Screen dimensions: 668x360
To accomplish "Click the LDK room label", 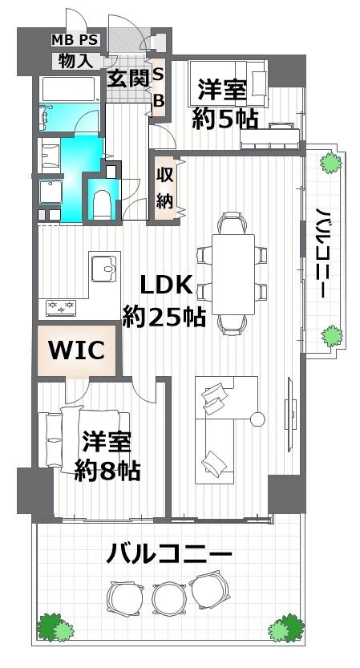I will [x=167, y=285].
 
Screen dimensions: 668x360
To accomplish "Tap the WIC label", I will [x=78, y=351].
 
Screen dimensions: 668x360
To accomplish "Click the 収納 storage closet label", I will [x=165, y=188].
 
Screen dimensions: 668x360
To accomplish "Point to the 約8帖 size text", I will [x=108, y=470].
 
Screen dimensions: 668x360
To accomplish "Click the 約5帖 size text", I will [x=225, y=119].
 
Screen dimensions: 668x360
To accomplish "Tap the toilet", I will [x=103, y=204].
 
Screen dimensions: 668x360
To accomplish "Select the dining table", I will [x=233, y=273].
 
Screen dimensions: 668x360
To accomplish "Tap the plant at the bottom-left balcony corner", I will [x=53, y=626].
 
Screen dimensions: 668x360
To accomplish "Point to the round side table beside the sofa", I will [x=257, y=419].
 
